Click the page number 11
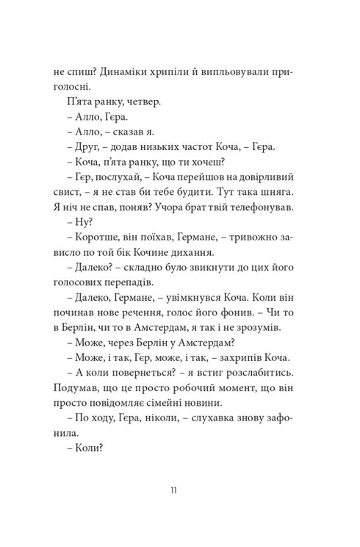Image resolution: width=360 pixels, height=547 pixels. pyautogui.click(x=180, y=489)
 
